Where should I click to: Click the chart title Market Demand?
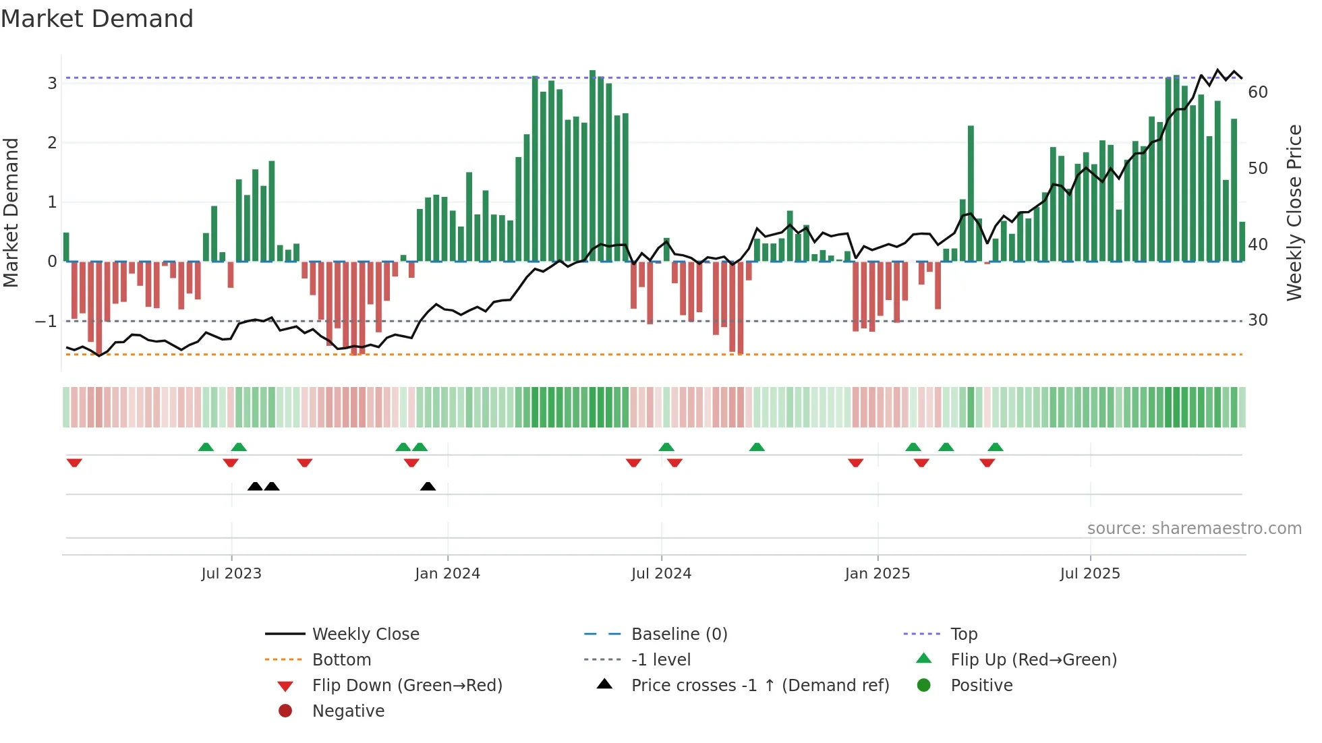[97, 19]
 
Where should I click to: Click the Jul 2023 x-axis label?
[231, 574]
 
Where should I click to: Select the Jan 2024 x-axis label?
[447, 574]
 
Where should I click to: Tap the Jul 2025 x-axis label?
[1089, 574]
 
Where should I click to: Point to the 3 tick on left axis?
[52, 84]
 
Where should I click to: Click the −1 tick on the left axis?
[46, 322]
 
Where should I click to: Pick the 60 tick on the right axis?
[1257, 92]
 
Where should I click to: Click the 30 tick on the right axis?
[1257, 320]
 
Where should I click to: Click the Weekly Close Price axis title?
[1294, 212]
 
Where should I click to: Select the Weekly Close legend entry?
[365, 634]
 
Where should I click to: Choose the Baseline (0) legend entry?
[679, 634]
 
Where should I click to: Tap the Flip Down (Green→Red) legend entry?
[407, 686]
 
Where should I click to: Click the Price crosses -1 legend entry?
[759, 686]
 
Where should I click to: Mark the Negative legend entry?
[348, 711]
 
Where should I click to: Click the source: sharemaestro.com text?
[1194, 529]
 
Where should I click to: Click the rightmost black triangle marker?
[428, 486]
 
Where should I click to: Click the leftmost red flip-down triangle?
[74, 463]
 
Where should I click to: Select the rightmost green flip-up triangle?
[996, 447]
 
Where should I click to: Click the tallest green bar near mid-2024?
[592, 165]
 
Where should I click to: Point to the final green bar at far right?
[1242, 241]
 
